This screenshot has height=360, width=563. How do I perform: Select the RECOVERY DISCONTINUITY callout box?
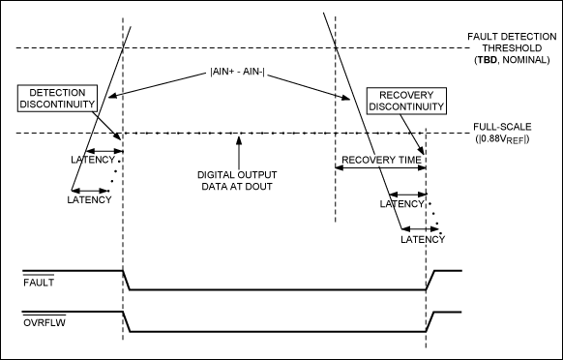(x=406, y=100)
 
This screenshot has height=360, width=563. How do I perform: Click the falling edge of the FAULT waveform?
(x=127, y=281)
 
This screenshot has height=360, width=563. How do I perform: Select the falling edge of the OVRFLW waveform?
(x=127, y=322)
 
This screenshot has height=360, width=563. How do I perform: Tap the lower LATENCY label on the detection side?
(x=89, y=199)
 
